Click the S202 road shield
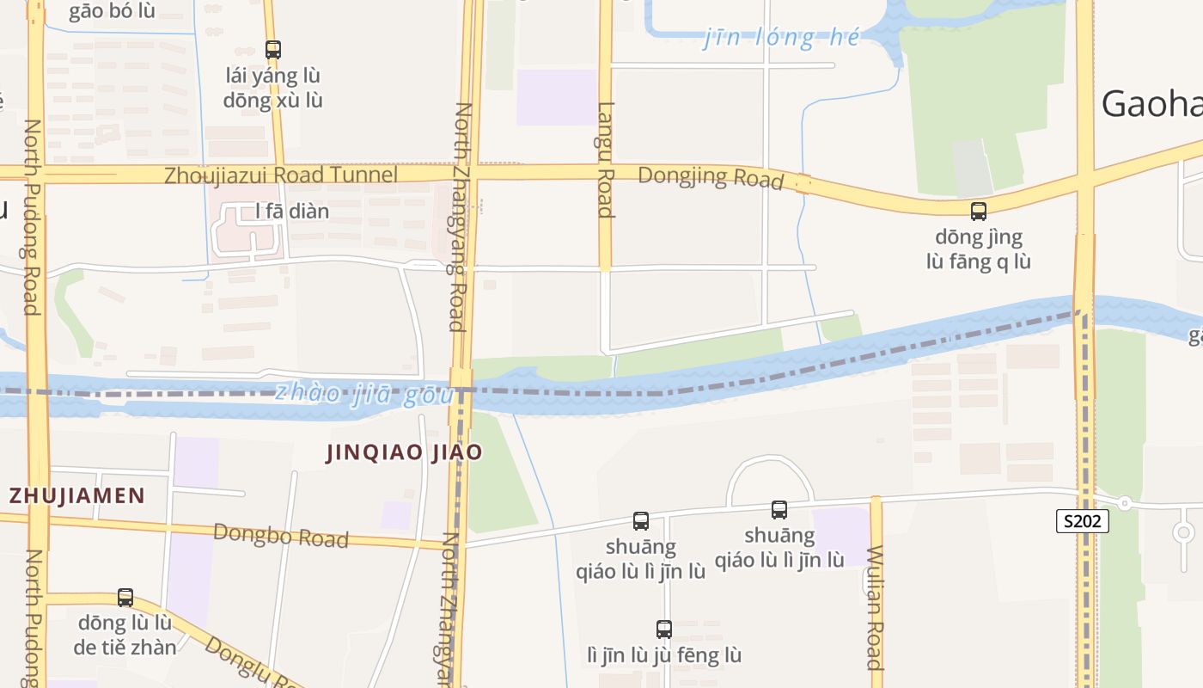(x=1082, y=520)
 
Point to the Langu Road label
(x=606, y=160)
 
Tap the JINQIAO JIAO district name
(x=404, y=452)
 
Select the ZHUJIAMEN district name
(x=77, y=495)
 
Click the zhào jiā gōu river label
(x=364, y=394)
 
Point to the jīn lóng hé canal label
(x=781, y=38)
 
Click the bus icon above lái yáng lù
(x=273, y=50)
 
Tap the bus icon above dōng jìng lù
(x=978, y=211)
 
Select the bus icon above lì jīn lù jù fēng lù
(x=663, y=629)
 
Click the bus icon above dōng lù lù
(x=125, y=597)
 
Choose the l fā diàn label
(x=292, y=211)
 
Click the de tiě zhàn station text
(x=125, y=648)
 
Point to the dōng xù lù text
(x=273, y=100)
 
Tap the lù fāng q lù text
(x=978, y=261)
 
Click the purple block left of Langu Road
(x=556, y=97)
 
